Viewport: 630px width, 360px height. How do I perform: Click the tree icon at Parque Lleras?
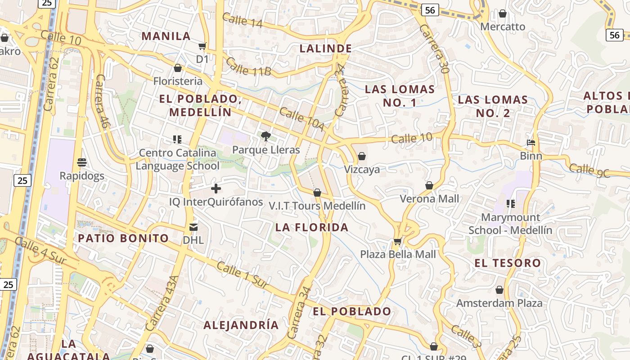pos(266,136)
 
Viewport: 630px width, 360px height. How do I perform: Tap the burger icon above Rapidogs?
pos(81,162)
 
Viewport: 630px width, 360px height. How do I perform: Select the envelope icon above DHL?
pos(193,227)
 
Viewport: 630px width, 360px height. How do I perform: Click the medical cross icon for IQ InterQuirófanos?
pos(216,189)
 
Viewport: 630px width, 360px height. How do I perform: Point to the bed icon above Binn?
pos(531,143)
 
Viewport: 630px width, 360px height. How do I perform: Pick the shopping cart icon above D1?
pos(202,46)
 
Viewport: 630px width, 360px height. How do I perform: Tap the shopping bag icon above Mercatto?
pos(503,13)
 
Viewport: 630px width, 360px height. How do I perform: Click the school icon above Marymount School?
pos(510,204)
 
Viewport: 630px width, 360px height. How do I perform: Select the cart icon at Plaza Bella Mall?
pos(397,241)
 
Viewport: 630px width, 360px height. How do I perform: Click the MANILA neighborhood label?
pos(166,36)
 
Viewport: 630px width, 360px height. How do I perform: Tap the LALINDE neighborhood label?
pos(326,48)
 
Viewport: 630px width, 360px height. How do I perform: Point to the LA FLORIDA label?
pos(312,227)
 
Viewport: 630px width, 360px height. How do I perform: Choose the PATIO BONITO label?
pos(123,238)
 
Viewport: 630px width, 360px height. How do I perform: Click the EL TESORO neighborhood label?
pos(508,263)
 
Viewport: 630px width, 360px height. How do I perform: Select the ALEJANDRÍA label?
pos(241,325)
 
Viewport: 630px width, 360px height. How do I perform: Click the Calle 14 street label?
pos(242,20)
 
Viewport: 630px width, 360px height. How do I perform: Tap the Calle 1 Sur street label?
pos(242,274)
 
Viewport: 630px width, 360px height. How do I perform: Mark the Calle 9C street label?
pos(589,171)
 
